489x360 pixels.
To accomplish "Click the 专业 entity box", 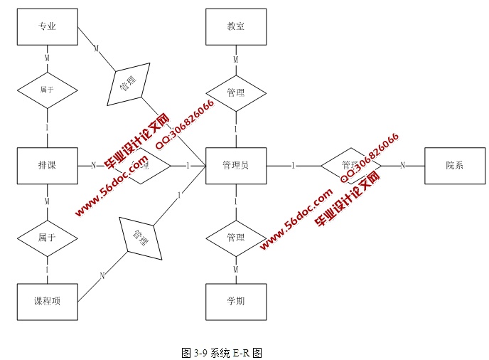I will (47, 27).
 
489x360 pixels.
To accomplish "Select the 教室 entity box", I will (236, 27).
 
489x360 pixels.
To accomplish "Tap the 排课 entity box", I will (47, 166).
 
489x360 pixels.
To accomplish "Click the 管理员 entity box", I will (236, 166).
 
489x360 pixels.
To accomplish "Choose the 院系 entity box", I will (454, 166).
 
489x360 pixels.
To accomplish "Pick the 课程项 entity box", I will (47, 302).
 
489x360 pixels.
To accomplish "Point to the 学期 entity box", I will (236, 302).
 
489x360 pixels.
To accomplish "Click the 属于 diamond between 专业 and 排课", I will (47, 91).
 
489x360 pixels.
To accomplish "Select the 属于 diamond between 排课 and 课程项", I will (47, 238).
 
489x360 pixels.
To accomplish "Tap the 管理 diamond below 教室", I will (236, 92).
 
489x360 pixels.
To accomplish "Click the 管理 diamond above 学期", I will (236, 237).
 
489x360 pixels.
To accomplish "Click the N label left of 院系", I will (402, 166).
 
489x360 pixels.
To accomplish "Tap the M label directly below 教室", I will (236, 60).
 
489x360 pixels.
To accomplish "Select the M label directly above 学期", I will (236, 269).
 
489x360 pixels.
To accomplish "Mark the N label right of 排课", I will (93, 166).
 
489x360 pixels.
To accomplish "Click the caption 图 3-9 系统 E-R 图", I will (222, 352).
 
